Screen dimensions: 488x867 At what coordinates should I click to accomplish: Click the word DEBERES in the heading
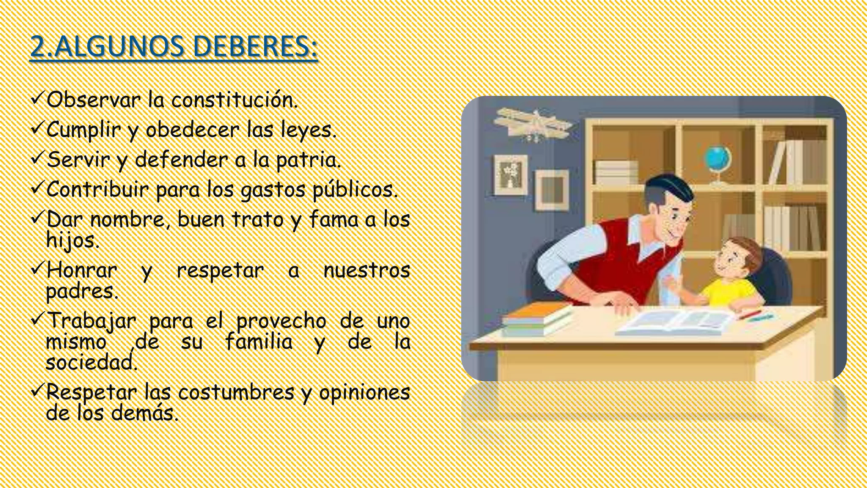coord(254,47)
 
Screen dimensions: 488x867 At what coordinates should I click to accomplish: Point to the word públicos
coord(355,190)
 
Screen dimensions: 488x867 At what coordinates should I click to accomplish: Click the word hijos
coord(72,241)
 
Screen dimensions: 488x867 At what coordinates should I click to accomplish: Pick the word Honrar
coord(81,271)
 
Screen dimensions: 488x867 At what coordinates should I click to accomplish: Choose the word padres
coord(81,291)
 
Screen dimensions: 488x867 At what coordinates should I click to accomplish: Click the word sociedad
coord(91,363)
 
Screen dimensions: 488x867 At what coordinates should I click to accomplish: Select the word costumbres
coord(236,392)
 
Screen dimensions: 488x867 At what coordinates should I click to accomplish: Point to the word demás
coord(145,413)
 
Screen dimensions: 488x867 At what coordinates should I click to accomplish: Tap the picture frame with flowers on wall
coord(511,174)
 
